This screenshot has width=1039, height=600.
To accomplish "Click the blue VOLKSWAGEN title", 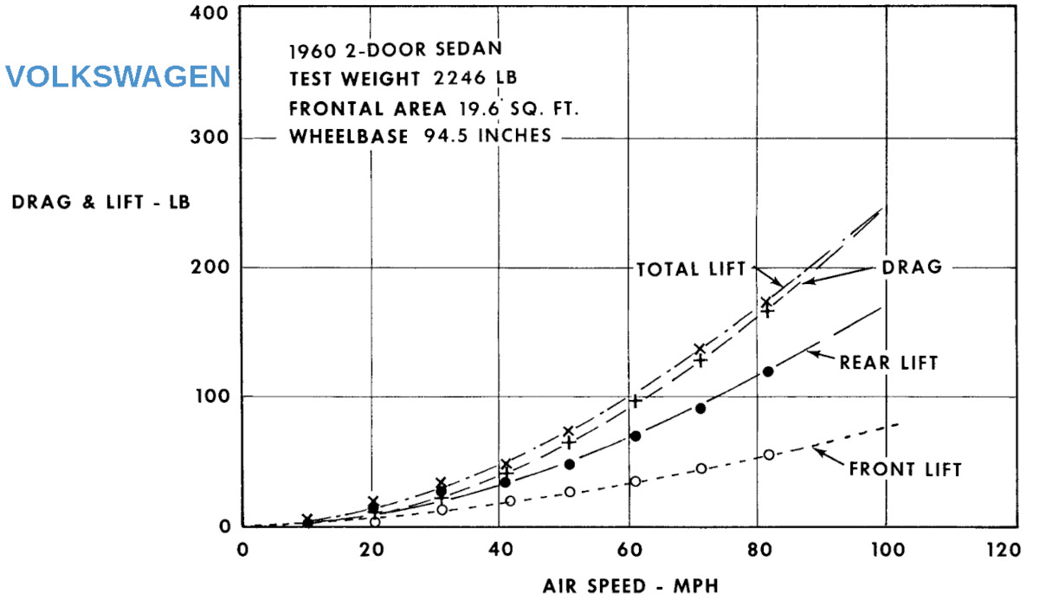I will click(x=118, y=77).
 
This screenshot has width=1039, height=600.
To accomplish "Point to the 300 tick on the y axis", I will click(x=210, y=139).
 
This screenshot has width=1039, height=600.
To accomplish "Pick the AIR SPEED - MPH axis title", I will click(x=630, y=585).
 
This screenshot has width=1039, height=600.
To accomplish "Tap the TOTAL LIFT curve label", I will click(x=690, y=268).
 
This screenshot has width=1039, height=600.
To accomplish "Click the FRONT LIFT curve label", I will click(x=905, y=470).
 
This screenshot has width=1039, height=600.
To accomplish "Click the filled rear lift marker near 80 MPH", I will click(x=768, y=371).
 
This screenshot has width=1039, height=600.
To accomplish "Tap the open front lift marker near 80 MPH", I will click(x=768, y=455).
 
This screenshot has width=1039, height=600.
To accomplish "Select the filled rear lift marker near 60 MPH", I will click(x=635, y=435).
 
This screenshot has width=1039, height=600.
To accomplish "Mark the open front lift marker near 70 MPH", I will click(x=701, y=468).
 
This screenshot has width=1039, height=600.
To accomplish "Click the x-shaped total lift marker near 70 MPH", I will click(x=700, y=349).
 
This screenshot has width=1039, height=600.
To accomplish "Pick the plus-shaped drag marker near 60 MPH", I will click(x=636, y=401).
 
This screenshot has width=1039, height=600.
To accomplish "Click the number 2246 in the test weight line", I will click(x=462, y=78).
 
